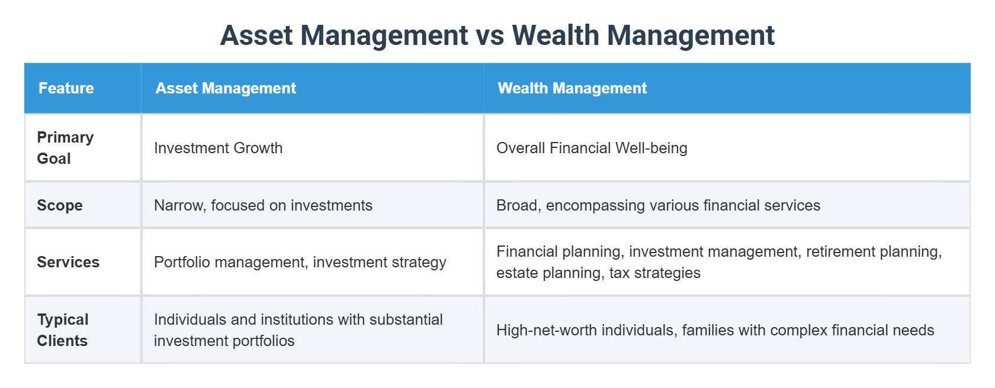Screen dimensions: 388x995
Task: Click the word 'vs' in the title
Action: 490,35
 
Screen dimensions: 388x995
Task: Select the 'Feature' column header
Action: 66,88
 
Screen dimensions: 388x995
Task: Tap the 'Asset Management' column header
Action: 226,88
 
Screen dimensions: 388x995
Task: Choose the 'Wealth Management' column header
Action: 572,88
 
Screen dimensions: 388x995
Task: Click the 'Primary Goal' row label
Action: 65,148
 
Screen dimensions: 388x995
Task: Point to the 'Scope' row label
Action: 60,205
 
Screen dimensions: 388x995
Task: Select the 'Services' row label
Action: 68,262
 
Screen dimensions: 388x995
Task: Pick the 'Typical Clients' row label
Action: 63,330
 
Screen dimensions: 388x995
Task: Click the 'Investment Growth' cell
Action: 218,148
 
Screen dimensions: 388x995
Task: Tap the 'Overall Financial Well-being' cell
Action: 592,148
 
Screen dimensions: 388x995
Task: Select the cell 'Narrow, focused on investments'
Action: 263,205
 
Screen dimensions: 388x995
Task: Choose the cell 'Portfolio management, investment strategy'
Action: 300,262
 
